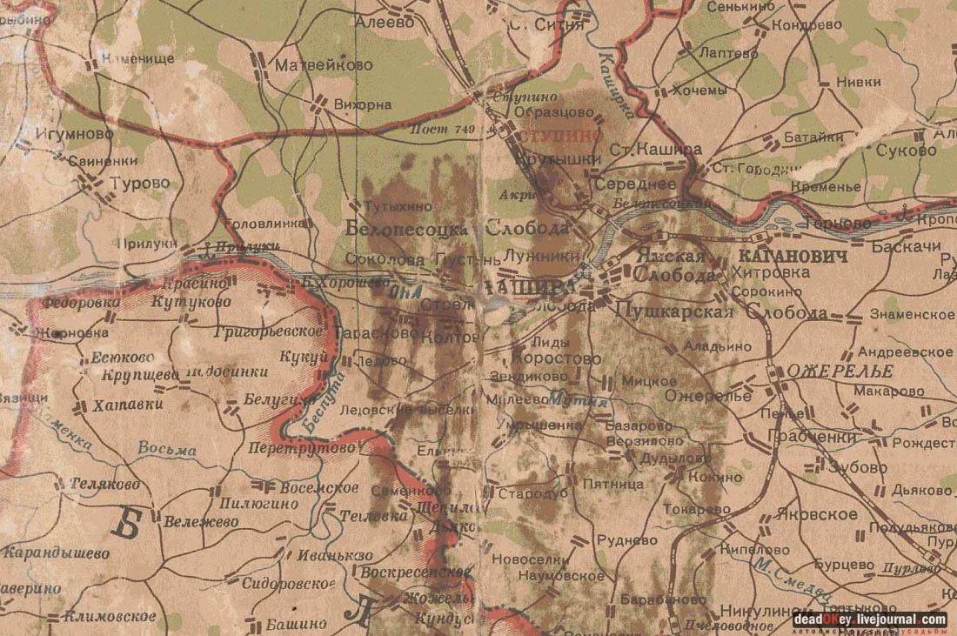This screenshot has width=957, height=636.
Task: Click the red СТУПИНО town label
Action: point(560,137)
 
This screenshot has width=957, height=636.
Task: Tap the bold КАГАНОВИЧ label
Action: point(792,257)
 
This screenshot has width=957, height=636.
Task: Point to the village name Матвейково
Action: point(324,65)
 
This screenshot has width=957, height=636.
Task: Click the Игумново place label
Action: point(75,134)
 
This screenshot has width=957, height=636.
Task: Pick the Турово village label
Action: point(140,184)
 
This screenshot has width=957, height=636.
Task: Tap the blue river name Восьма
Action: point(167,449)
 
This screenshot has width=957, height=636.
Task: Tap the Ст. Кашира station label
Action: point(655,150)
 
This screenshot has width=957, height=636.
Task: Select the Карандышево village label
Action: point(57,552)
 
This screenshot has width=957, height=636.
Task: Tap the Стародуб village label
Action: point(532,493)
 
